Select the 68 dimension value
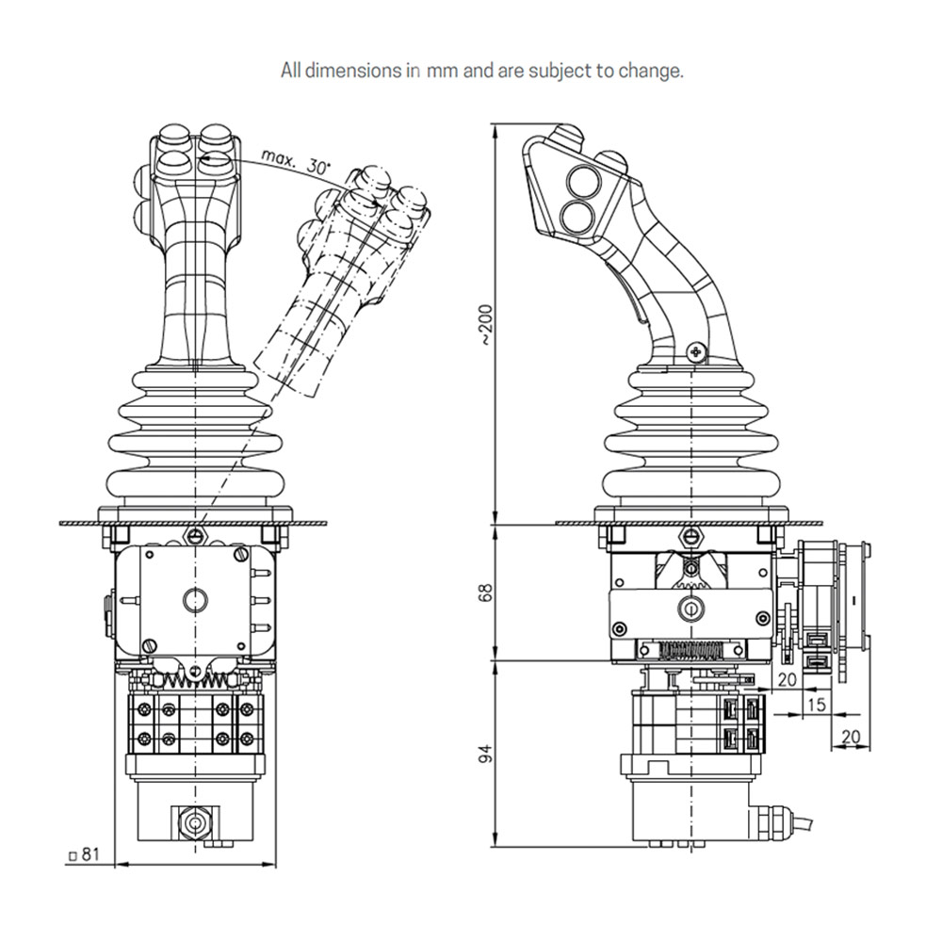tap(485, 593)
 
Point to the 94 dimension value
tap(485, 753)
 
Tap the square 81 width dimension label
tap(85, 855)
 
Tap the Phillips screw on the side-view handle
tap(696, 351)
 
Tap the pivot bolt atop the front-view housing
tap(195, 536)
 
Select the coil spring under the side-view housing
tap(692, 651)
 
